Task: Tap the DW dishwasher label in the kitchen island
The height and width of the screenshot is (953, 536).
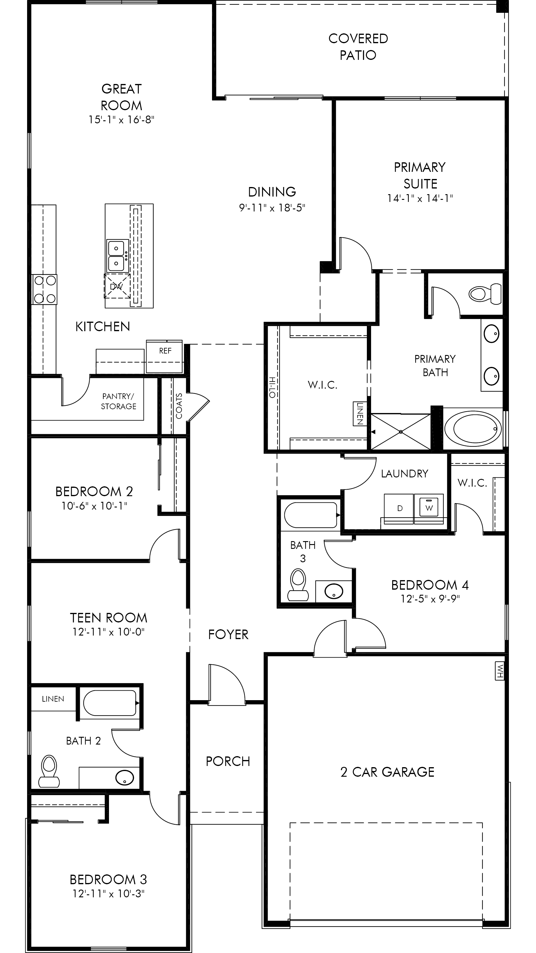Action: (116, 286)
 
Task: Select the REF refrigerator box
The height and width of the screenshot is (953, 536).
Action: (164, 356)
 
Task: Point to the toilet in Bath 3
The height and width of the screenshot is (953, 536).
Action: (298, 585)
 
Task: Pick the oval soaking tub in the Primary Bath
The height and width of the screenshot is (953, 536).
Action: (473, 429)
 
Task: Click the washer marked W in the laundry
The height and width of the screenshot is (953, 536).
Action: (429, 508)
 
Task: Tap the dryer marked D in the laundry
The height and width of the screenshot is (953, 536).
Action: (399, 508)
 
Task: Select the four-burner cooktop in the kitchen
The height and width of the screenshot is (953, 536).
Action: (44, 289)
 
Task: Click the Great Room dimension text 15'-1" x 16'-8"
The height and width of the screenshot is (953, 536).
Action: (121, 119)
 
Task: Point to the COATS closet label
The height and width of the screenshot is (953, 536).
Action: (179, 406)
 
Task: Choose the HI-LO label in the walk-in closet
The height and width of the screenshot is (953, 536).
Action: (272, 387)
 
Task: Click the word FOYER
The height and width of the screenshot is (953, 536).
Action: (228, 634)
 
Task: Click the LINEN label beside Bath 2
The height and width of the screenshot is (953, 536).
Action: (53, 699)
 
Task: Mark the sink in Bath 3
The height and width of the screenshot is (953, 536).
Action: (334, 591)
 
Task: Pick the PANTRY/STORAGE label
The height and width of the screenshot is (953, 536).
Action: (119, 401)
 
